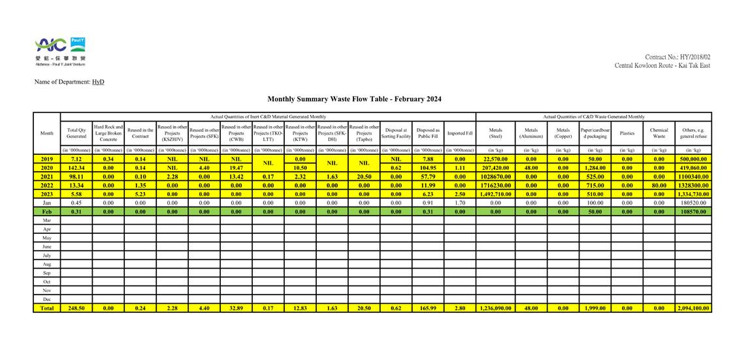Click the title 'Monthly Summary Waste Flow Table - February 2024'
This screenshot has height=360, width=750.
[x=354, y=99]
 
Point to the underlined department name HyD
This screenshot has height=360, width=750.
[x=98, y=82]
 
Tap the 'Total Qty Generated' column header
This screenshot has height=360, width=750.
[x=76, y=133]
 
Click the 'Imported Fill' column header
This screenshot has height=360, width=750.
[x=460, y=133]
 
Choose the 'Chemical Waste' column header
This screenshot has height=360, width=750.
[x=659, y=133]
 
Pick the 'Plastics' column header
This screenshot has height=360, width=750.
[x=627, y=133]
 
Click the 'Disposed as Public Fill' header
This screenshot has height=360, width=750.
[x=428, y=133]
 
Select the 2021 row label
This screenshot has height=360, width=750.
[x=47, y=176]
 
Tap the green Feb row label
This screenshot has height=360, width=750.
[x=47, y=212]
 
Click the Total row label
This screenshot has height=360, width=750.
[x=47, y=308]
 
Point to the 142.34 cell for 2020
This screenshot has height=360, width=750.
[x=76, y=167]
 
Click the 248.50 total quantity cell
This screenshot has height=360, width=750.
[x=76, y=308]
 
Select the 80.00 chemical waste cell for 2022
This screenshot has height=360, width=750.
[x=659, y=185]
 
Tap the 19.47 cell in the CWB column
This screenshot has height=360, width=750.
[x=236, y=167]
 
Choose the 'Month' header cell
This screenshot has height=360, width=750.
[x=47, y=133]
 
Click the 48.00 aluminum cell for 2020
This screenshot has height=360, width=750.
[x=531, y=167]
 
